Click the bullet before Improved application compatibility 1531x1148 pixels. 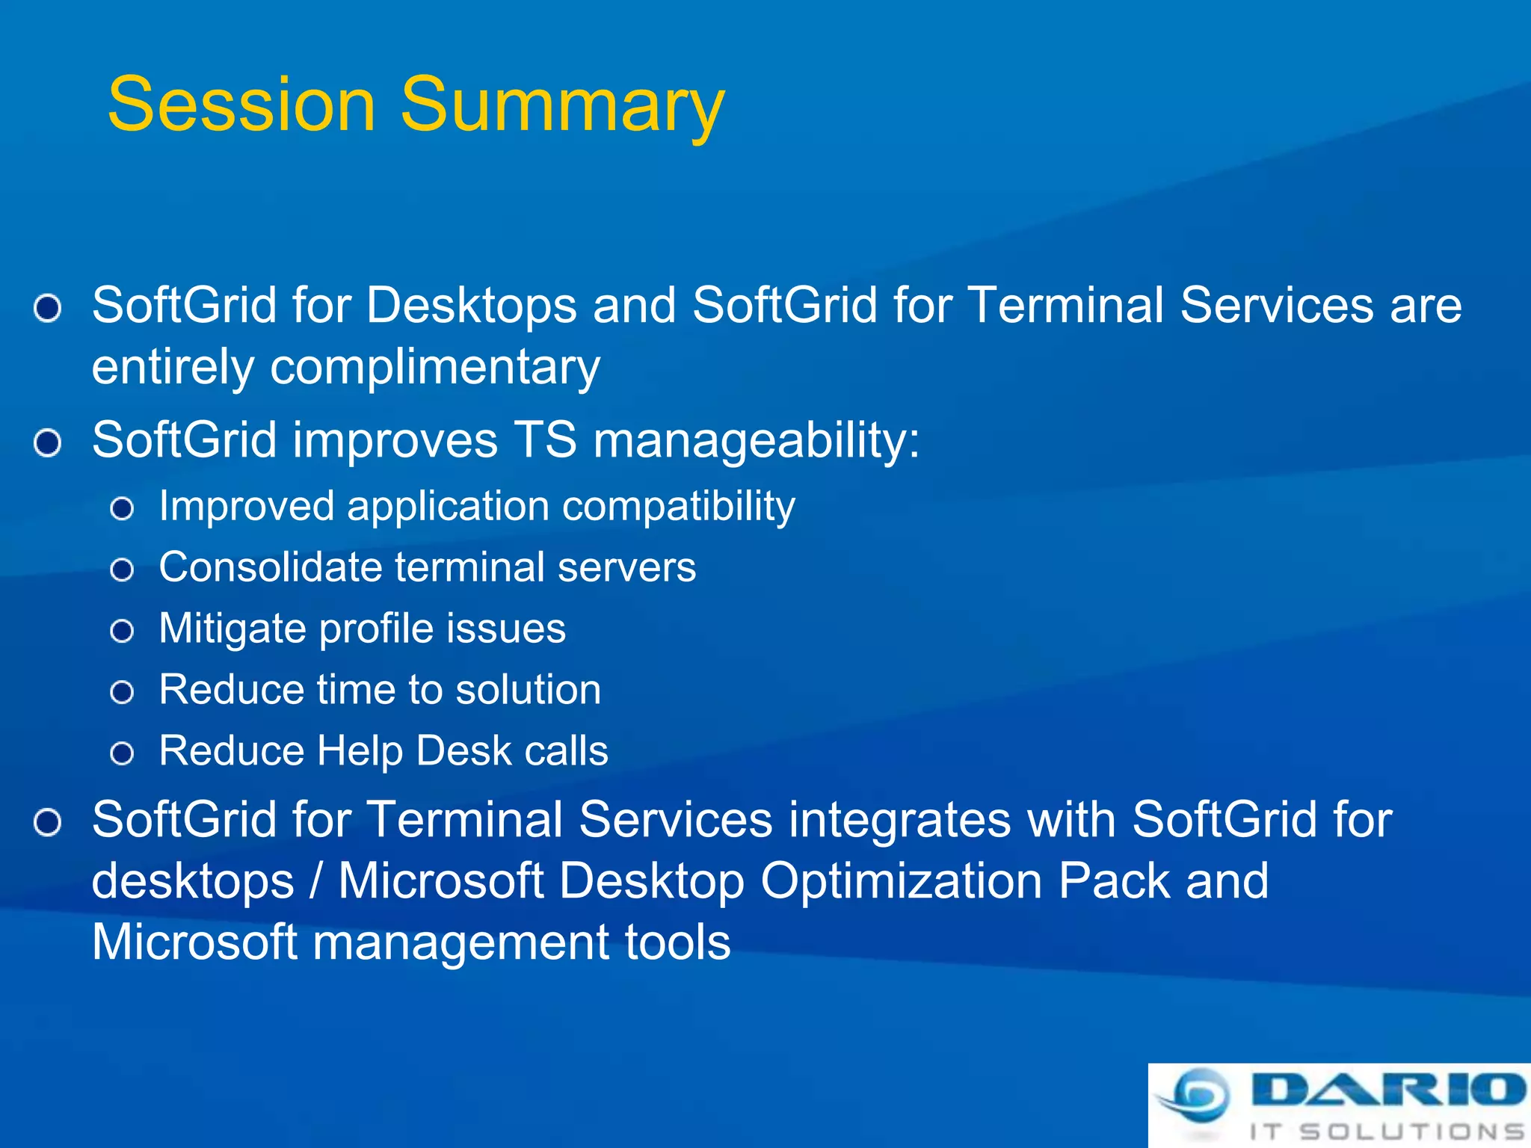tap(122, 510)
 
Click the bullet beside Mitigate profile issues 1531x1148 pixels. tap(122, 632)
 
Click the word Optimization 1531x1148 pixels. tap(902, 880)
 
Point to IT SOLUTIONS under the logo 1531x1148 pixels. tap(1387, 1131)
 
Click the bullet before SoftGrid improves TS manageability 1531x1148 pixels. tap(48, 443)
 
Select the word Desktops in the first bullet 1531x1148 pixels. tap(471, 306)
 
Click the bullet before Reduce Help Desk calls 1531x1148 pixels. tap(122, 753)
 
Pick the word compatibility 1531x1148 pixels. tap(679, 507)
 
